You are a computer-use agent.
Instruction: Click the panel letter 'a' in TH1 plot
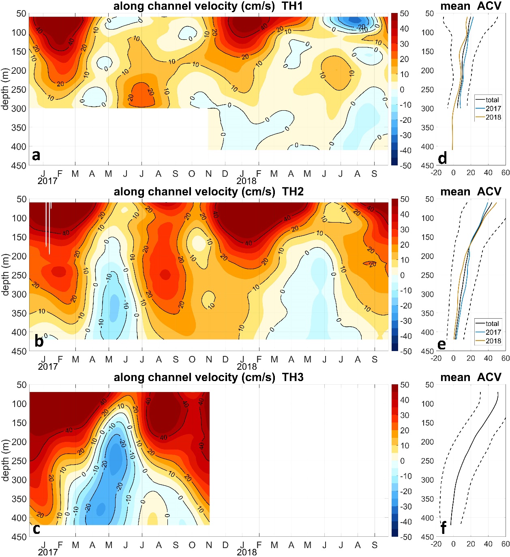[36, 155]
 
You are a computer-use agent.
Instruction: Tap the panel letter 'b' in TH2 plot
[39, 341]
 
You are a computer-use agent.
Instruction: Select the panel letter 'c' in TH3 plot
[36, 529]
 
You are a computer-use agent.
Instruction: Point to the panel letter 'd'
[443, 158]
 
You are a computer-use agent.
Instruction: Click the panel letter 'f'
[444, 528]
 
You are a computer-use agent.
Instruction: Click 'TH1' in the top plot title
[293, 6]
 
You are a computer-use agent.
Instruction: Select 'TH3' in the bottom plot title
[293, 377]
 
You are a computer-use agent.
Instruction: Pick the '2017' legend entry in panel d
[493, 109]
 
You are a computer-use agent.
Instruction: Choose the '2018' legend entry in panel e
[493, 341]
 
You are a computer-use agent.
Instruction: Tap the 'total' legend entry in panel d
[492, 100]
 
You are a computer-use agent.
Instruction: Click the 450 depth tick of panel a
[19, 165]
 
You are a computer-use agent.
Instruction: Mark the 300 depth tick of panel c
[19, 480]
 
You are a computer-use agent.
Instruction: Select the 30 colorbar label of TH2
[404, 230]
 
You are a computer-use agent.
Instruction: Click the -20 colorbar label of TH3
[406, 491]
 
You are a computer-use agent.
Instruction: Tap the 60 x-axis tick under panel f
[505, 544]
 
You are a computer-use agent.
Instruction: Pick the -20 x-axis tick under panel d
[436, 173]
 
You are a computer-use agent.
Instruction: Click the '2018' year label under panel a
[246, 181]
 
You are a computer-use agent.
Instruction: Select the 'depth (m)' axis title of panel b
[5, 275]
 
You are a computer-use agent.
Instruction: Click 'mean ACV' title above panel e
[471, 192]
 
